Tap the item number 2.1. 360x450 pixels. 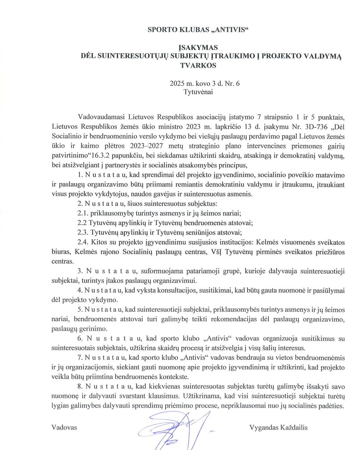[83, 213]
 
